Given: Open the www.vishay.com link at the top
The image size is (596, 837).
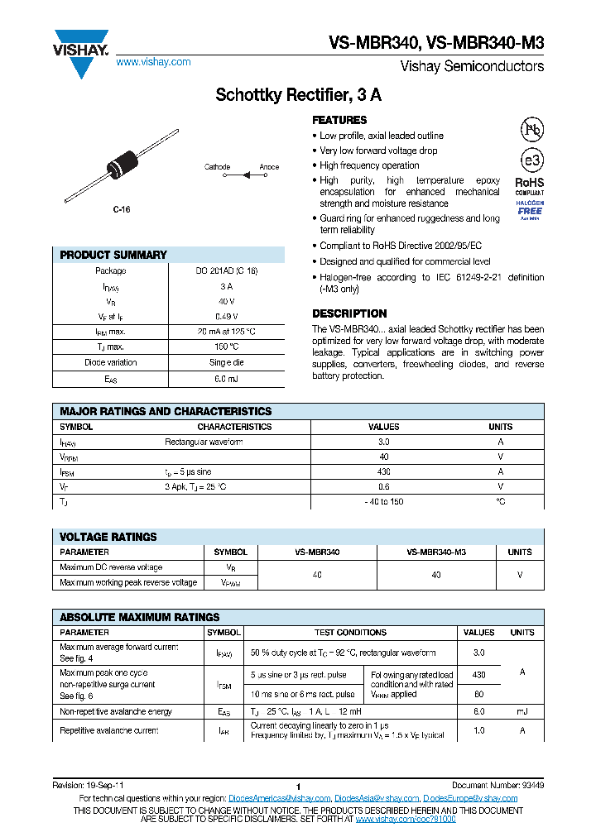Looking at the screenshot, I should [x=153, y=62].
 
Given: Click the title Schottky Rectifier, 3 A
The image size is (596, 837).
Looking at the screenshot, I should [x=298, y=95].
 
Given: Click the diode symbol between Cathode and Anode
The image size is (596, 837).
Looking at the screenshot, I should [x=245, y=175].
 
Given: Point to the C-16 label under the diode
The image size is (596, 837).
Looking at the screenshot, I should [x=122, y=210].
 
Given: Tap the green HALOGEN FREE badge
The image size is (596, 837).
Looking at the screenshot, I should [x=530, y=210].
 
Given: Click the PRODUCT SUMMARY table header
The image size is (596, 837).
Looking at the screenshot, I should [x=113, y=255].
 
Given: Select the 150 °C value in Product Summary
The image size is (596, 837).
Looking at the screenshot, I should [x=226, y=347].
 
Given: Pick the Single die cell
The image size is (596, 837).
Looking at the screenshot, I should [x=226, y=362].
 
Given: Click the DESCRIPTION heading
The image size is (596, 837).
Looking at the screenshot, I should [x=349, y=313].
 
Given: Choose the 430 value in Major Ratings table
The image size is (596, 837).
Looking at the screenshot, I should [x=383, y=471].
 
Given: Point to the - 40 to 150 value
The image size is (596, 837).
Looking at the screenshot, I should [x=383, y=502].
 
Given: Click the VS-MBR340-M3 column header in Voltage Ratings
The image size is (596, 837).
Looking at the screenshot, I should [x=436, y=552].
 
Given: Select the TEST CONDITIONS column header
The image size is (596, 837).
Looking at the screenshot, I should [x=350, y=632].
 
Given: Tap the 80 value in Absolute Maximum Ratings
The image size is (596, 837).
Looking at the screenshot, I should [x=478, y=695].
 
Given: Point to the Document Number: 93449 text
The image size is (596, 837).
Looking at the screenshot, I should [x=497, y=786].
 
